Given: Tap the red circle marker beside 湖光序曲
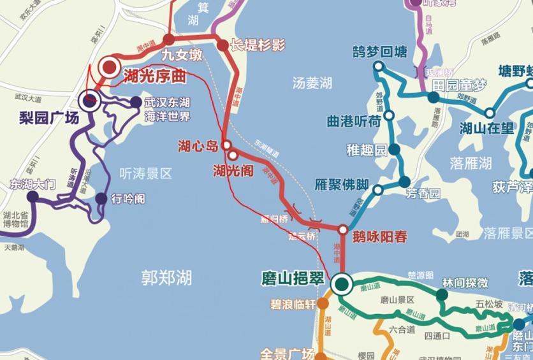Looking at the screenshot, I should pos(110,66).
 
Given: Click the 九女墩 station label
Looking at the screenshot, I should pos(177,55).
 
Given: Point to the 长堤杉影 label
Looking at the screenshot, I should pos(257,45).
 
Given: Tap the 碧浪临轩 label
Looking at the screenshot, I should pos(292,304).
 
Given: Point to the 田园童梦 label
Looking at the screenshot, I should pos(458,85).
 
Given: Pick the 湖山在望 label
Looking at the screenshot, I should pos(486,128).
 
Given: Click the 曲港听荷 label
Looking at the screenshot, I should pos(354,120).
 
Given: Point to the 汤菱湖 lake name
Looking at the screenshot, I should pos(312,83).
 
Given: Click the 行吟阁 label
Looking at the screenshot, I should pos(128,199).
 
